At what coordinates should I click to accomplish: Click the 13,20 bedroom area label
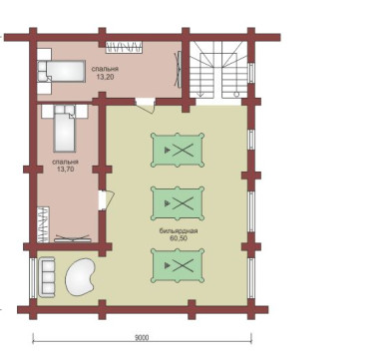[x=105, y=77]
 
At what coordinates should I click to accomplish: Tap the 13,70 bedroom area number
[x=65, y=170]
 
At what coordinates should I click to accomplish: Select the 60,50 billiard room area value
[x=179, y=238]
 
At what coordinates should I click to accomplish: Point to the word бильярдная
[x=179, y=231]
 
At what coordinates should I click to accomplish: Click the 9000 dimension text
[x=142, y=338]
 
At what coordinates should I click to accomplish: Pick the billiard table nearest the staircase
[x=178, y=150]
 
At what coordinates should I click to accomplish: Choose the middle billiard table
[x=178, y=203]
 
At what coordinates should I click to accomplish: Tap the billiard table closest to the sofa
[x=178, y=265]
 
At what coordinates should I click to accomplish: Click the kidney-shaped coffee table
[x=80, y=277]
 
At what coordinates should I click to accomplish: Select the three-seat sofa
[x=47, y=277]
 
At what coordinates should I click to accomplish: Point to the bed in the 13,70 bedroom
[x=65, y=129]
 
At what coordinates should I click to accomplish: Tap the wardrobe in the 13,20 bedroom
[x=124, y=47]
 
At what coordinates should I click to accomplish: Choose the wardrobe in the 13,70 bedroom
[x=43, y=224]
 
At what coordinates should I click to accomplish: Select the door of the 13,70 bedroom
[x=107, y=199]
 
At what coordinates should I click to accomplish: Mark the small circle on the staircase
[x=236, y=94]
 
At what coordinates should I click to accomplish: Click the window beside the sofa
[x=33, y=278]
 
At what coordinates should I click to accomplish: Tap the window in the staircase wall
[x=251, y=72]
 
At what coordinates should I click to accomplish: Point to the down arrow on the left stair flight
[x=199, y=94]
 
